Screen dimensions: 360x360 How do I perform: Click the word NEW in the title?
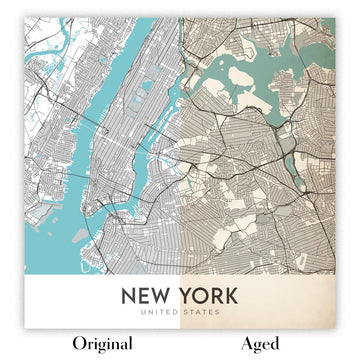click(x=144, y=296)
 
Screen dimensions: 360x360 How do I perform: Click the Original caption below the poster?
click(x=97, y=344)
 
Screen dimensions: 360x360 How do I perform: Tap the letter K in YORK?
click(x=231, y=296)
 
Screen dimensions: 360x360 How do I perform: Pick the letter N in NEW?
click(x=129, y=296)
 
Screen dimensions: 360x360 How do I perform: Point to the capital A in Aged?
click(x=247, y=344)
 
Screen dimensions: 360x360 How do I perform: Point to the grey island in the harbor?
click(x=80, y=236)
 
